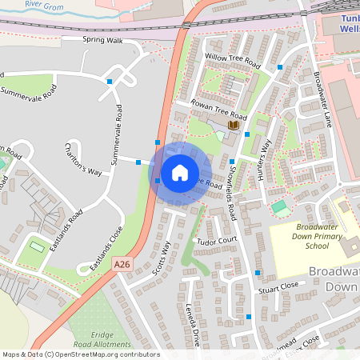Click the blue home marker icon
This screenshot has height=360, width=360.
[180, 172]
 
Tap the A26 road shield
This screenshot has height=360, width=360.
[122, 263]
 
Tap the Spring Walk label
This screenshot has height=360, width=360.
[102, 39]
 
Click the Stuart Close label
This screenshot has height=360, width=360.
[278, 285]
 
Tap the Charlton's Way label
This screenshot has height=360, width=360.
[83, 159]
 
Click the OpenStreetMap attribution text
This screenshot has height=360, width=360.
[81, 354]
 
